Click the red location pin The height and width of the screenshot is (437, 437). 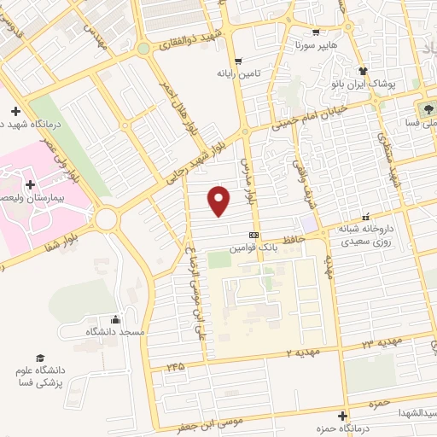pyautogui.click(x=220, y=199)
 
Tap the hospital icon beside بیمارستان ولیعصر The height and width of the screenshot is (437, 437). pyautogui.click(x=30, y=184)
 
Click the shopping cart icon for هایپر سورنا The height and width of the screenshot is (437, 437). pyautogui.click(x=315, y=33)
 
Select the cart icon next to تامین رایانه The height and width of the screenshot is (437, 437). pyautogui.click(x=238, y=61)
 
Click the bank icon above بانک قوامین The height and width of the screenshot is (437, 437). pyautogui.click(x=253, y=235)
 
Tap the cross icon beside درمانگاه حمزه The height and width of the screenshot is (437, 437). pyautogui.click(x=342, y=417)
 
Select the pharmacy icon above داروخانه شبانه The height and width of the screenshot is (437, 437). pyautogui.click(x=366, y=216)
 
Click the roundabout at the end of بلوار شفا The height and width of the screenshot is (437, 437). pyautogui.click(x=106, y=219)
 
